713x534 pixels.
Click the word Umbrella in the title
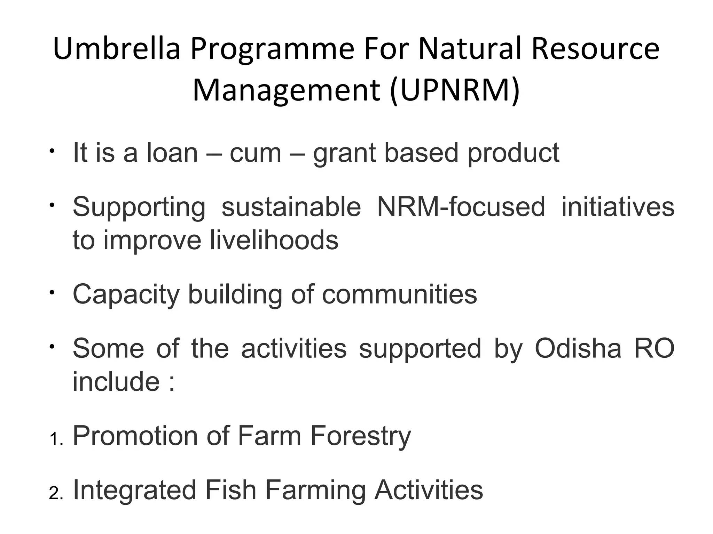[117, 49]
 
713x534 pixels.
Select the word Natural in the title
[470, 49]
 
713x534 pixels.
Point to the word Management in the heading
[286, 90]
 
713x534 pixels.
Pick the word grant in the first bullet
[343, 153]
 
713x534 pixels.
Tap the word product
[513, 153]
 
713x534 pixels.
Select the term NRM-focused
[461, 207]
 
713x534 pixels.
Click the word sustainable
[291, 207]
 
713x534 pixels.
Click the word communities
[399, 294]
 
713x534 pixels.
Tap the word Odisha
[578, 348]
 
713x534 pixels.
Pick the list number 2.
[55, 494]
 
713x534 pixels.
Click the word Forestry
[360, 436]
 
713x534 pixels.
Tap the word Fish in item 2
[230, 490]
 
